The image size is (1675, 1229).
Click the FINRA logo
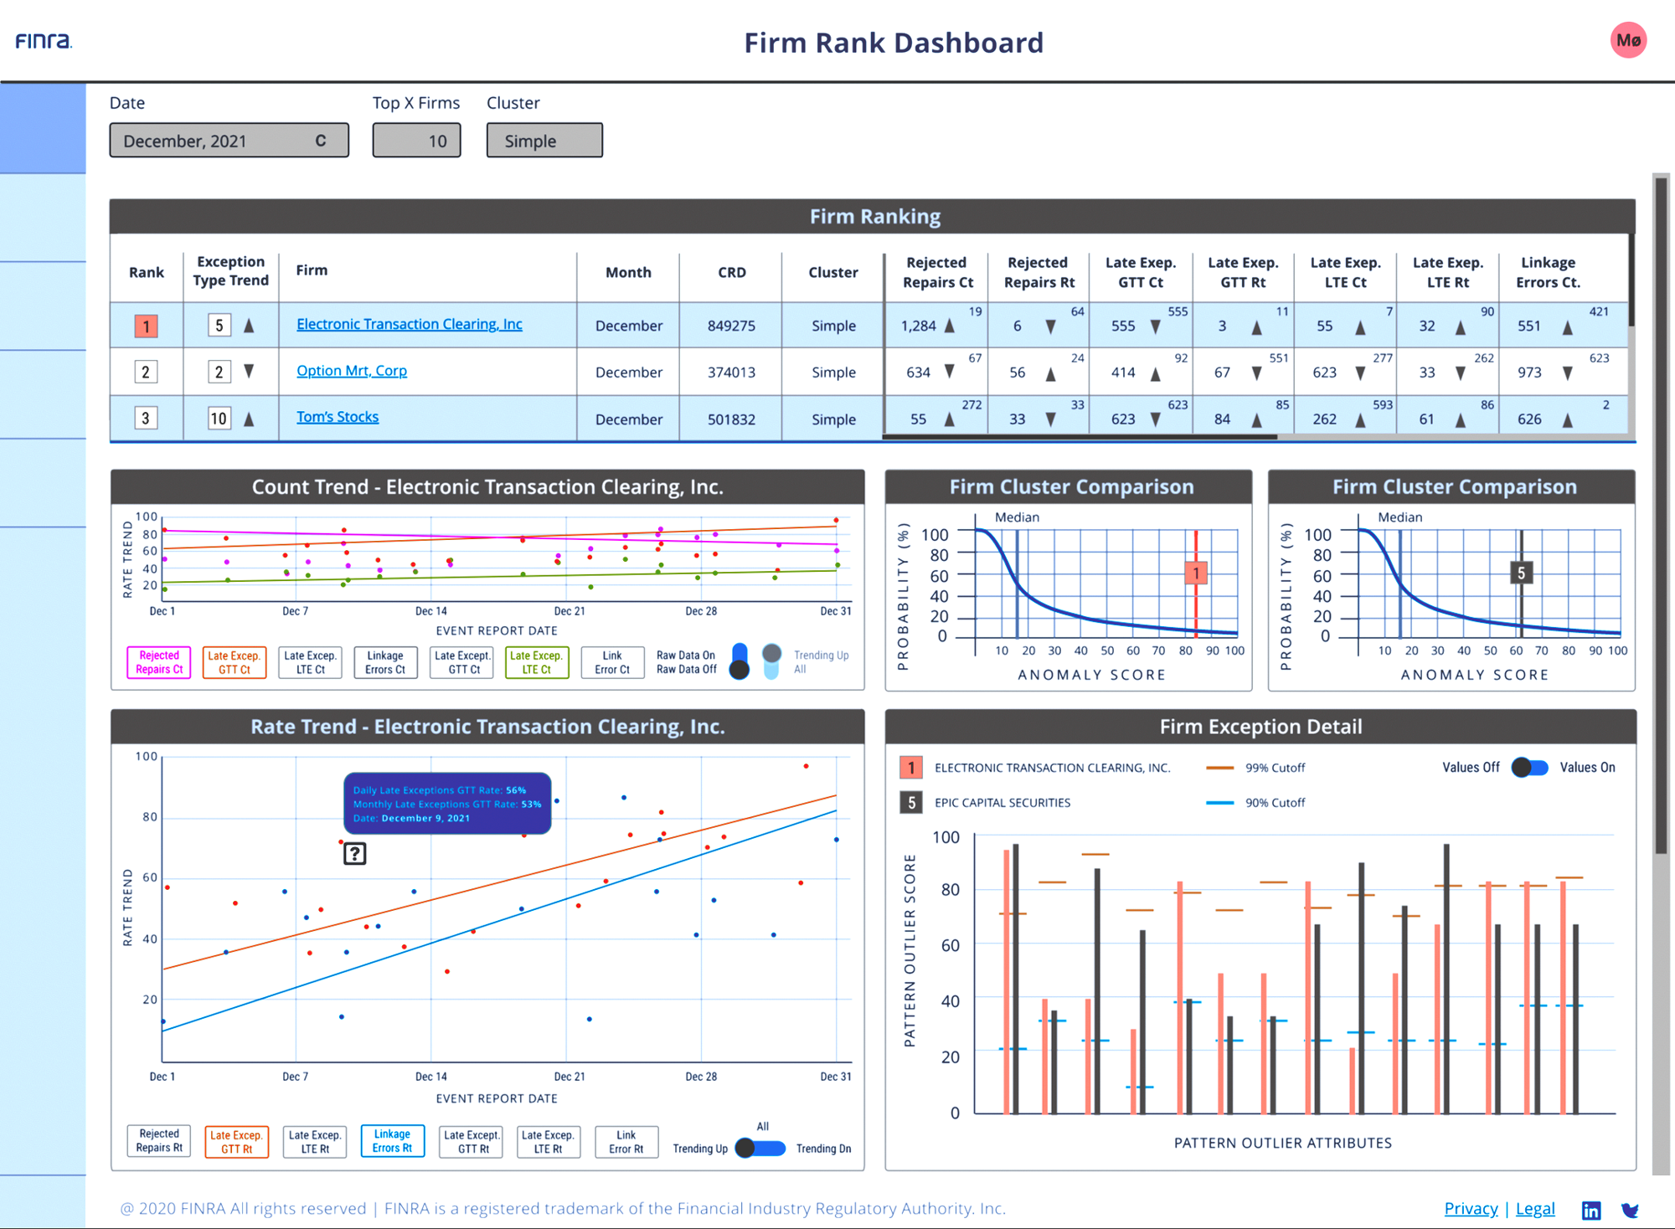pos(44,40)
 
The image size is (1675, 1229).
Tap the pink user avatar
pos(1628,40)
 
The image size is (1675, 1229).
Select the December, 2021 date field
pos(229,141)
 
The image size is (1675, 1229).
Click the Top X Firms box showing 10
pos(416,141)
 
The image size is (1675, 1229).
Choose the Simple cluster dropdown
pos(544,141)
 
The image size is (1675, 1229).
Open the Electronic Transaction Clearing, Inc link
pos(409,324)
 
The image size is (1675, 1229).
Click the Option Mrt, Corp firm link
pos(352,370)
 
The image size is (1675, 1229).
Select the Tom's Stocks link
pos(338,416)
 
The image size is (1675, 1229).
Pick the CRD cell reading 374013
pos(731,372)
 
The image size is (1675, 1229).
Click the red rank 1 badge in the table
pos(146,326)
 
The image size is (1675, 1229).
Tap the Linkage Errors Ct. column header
pos(1548,272)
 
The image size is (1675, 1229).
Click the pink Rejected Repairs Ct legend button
pos(159,662)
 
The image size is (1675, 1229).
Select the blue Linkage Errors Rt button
pos(392,1140)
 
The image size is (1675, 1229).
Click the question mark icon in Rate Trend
pos(355,854)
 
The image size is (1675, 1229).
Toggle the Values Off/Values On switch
pos(1529,768)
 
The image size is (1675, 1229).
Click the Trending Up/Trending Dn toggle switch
pos(760,1148)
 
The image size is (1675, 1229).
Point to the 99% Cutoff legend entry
pos(1255,768)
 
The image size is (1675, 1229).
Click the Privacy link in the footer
pos(1471,1208)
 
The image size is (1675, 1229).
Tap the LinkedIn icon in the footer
pos(1590,1210)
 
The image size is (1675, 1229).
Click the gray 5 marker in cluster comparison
pos(1521,573)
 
